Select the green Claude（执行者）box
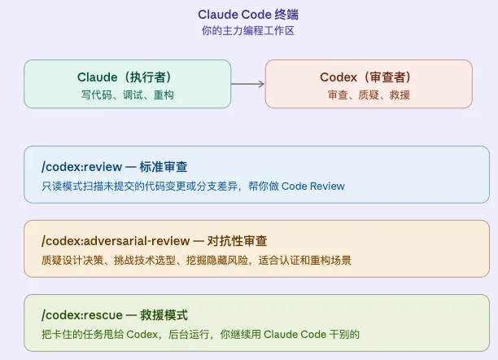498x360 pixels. [x=127, y=84]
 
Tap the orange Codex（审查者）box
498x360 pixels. [x=368, y=84]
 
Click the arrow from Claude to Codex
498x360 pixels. [x=248, y=84]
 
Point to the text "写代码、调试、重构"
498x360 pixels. [x=127, y=95]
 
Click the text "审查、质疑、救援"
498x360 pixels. [x=369, y=95]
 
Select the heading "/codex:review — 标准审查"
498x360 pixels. [x=114, y=167]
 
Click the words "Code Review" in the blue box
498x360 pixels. [x=313, y=187]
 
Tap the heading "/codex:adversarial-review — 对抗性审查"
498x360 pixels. [x=154, y=241]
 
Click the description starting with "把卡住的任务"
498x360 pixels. [x=200, y=335]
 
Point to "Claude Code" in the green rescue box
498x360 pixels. [x=290, y=335]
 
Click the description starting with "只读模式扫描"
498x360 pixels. [x=193, y=187]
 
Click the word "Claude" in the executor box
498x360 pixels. [x=98, y=77]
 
